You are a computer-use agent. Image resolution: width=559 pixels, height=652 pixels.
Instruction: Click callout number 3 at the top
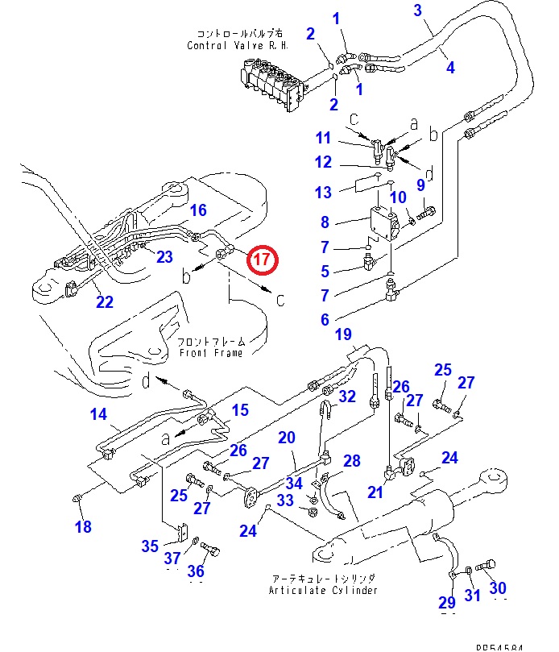tap(418, 10)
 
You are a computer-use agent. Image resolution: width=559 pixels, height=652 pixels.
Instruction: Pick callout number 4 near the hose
tap(449, 69)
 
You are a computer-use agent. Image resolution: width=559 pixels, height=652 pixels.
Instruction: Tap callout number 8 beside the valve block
tap(325, 222)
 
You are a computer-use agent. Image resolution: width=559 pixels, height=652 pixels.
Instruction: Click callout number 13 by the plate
tap(323, 192)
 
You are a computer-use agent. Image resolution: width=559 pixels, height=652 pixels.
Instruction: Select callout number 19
tap(344, 334)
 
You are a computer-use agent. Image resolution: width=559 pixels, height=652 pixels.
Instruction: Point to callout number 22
tap(105, 302)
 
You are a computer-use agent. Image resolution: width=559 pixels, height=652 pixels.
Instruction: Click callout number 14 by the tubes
tap(98, 415)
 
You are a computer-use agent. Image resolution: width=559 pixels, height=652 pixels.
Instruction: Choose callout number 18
tap(83, 527)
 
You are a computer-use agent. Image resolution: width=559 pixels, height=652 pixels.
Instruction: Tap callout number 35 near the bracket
tap(150, 546)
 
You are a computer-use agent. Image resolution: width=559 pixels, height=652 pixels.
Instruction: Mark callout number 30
tap(498, 588)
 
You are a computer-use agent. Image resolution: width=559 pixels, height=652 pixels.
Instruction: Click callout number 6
tap(325, 319)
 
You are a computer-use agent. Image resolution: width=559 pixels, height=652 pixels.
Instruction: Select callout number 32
tap(347, 396)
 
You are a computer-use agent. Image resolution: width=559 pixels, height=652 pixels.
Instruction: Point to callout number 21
tap(375, 492)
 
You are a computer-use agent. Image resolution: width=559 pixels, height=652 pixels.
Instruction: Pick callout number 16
tap(198, 210)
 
